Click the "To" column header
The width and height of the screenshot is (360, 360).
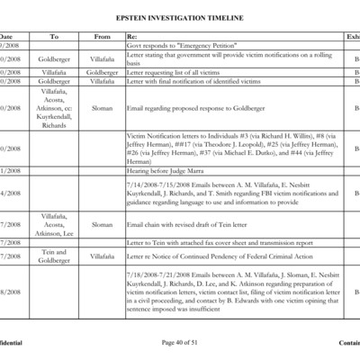coord(54,36)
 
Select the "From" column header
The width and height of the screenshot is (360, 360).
coord(102,36)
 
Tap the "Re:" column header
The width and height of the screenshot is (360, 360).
coord(132,36)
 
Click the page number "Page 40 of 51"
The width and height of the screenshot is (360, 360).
coord(180,343)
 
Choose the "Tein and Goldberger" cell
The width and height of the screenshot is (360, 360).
coord(54,256)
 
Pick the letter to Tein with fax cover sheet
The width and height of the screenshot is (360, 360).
coord(220,242)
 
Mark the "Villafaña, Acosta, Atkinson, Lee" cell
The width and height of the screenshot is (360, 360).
coord(54,224)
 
